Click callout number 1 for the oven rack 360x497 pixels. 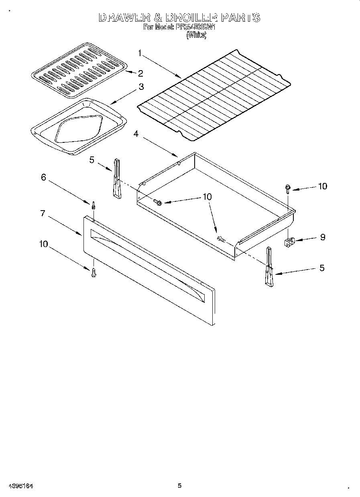[x=140, y=53]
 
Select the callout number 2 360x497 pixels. [x=140, y=73]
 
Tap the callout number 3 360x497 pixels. [x=141, y=87]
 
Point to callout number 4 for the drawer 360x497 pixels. [x=136, y=134]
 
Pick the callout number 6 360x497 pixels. [x=44, y=177]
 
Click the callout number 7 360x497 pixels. [x=43, y=213]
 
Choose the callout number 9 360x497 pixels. [x=322, y=237]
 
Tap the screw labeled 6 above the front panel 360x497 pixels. [x=94, y=205]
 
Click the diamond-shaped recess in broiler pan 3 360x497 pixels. [x=80, y=130]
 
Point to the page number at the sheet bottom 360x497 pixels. [x=180, y=486]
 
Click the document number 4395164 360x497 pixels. [x=20, y=486]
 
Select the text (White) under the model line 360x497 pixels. [x=197, y=35]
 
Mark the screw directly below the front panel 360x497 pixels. [x=94, y=274]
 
